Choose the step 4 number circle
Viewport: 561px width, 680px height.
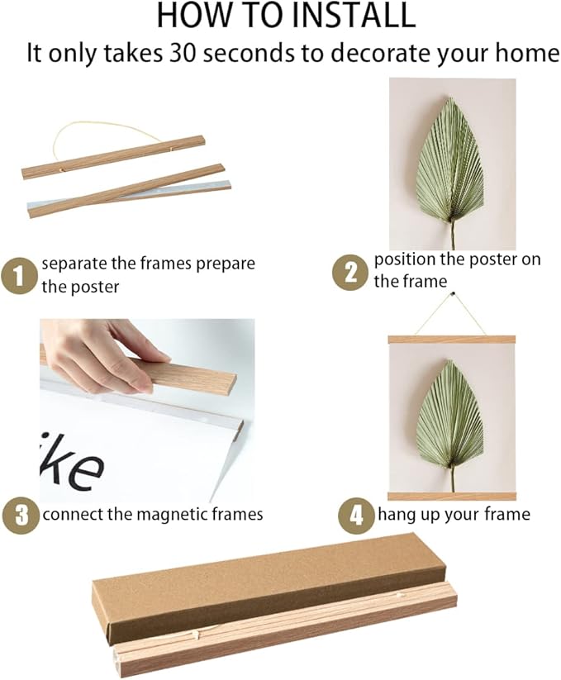356,516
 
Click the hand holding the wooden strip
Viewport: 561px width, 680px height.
99,351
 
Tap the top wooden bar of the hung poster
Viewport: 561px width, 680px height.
452,339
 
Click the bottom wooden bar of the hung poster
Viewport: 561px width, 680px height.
452,497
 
